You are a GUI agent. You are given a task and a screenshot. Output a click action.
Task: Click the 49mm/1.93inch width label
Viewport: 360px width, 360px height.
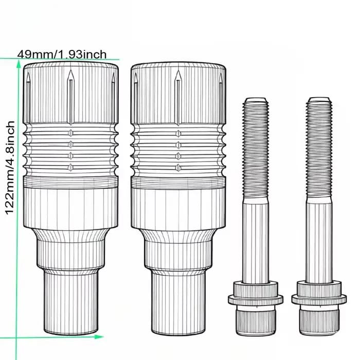click(62, 55)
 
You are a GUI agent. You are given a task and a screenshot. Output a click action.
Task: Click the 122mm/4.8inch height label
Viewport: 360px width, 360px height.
click(10, 168)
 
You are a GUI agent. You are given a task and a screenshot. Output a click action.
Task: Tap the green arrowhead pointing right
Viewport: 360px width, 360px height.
click(99, 337)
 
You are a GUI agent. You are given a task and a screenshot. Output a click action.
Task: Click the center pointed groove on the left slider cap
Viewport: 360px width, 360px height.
click(71, 97)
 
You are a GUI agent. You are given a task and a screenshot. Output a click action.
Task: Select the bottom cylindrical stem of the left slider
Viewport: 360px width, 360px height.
click(71, 303)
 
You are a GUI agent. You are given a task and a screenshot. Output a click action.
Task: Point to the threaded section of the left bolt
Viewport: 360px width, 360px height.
click(255, 149)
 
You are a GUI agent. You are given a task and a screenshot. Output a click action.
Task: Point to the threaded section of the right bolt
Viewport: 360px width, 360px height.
click(319, 149)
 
